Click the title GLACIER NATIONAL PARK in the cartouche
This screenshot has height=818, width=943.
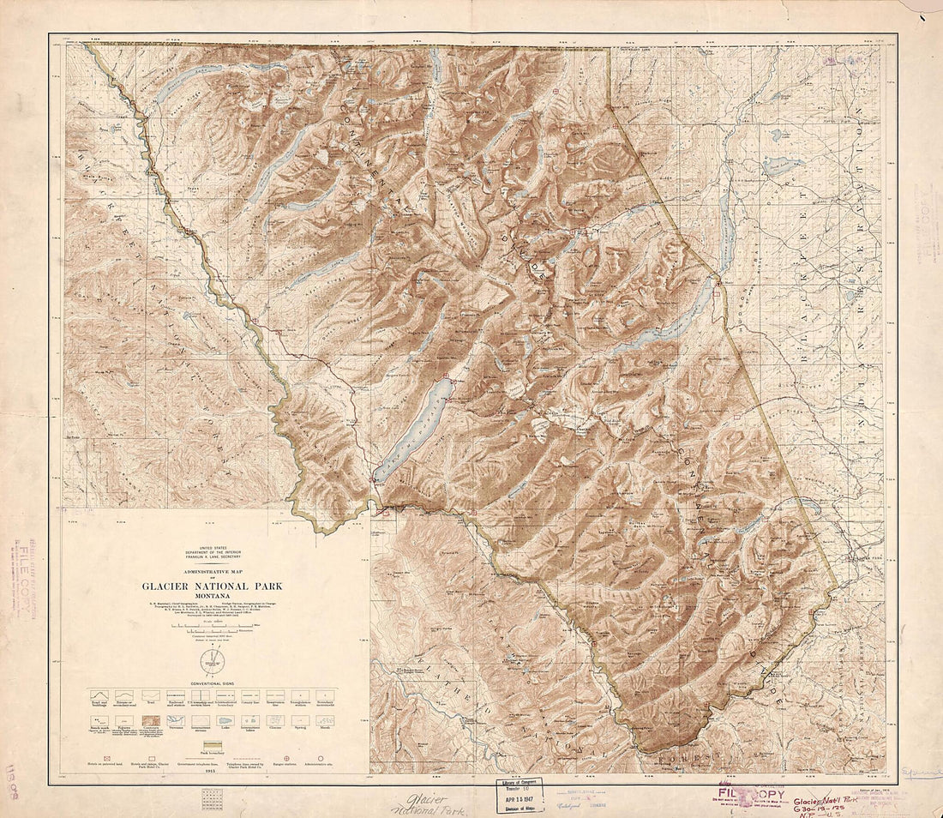click(x=213, y=586)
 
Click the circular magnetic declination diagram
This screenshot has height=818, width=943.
click(x=213, y=661)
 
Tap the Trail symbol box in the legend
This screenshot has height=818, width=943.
click(x=151, y=695)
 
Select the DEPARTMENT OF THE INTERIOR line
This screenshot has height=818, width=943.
click(x=213, y=552)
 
